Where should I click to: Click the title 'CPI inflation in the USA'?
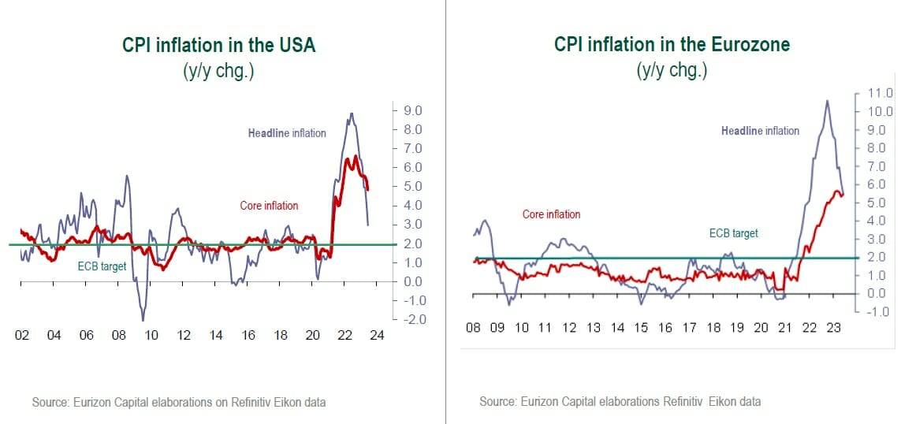pyautogui.click(x=218, y=45)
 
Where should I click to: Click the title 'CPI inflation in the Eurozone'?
pyautogui.click(x=672, y=45)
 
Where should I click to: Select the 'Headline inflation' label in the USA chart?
pyautogui.click(x=287, y=133)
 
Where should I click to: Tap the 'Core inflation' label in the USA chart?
pyautogui.click(x=269, y=206)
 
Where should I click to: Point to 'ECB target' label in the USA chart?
pyautogui.click(x=102, y=266)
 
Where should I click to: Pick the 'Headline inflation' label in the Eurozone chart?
pyautogui.click(x=760, y=131)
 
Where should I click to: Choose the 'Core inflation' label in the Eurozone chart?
pyautogui.click(x=551, y=214)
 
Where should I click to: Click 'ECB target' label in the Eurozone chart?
pyautogui.click(x=733, y=233)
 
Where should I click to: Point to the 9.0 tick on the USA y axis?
pyautogui.click(x=413, y=110)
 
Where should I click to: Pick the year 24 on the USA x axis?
pyautogui.click(x=377, y=335)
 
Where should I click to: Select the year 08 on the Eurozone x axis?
pyautogui.click(x=473, y=327)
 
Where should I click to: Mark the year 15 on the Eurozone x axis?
pyautogui.click(x=642, y=327)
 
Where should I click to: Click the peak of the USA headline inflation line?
pyautogui.click(x=351, y=113)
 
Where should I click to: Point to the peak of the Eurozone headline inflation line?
pyautogui.click(x=827, y=100)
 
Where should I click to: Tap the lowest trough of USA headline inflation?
pyautogui.click(x=143, y=320)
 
